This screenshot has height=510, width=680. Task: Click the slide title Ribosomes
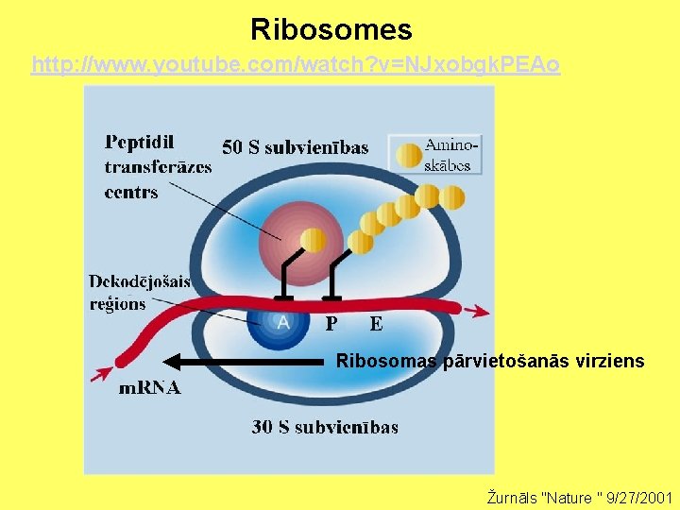331,29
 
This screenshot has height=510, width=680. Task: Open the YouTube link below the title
296,65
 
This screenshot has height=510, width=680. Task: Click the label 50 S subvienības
295,146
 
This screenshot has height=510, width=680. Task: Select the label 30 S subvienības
325,427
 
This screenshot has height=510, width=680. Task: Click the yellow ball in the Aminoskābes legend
409,155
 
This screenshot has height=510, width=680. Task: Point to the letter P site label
331,324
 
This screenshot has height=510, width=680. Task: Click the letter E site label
376,324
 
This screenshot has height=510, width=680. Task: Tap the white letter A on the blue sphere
283,322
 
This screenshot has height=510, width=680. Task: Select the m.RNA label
150,388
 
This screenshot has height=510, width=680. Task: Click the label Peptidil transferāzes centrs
158,167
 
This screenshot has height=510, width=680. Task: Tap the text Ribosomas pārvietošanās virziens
490,361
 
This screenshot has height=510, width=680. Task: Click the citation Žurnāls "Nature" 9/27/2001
579,497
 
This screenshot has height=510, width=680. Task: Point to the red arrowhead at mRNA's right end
482,311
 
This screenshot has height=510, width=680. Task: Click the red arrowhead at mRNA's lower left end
99,375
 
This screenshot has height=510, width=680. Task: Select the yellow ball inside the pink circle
313,240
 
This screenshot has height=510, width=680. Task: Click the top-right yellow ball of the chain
453,196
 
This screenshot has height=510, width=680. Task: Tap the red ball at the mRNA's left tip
121,360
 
